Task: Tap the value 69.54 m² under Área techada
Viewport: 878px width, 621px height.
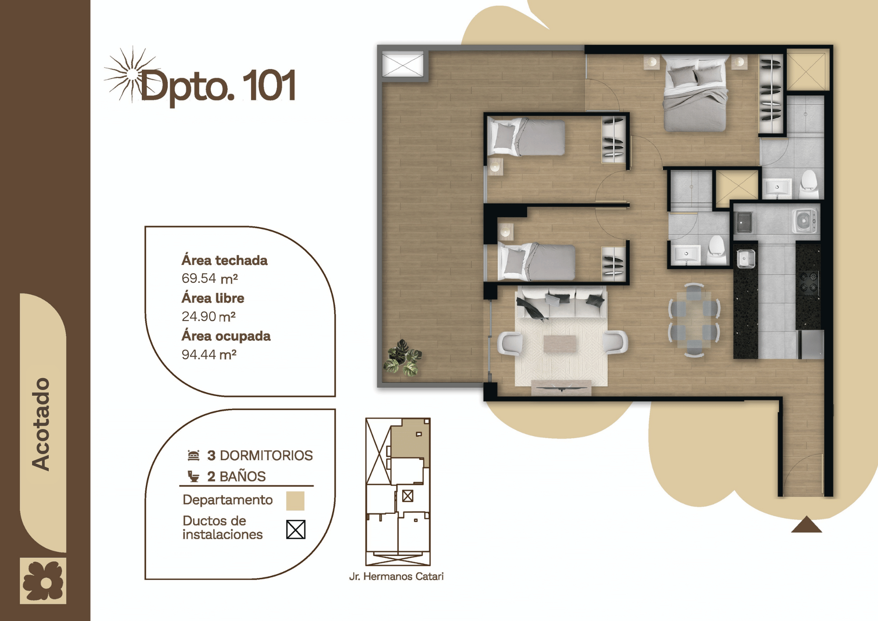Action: click(210, 278)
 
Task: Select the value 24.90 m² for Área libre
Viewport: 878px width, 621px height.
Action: click(209, 316)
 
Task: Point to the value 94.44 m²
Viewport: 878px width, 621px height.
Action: click(209, 354)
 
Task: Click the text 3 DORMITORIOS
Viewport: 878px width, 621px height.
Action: click(260, 455)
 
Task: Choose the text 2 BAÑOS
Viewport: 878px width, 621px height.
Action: click(236, 476)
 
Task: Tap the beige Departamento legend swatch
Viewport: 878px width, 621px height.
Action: click(295, 501)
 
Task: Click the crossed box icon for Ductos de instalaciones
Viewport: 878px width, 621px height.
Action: click(295, 529)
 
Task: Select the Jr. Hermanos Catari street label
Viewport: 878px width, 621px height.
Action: click(396, 576)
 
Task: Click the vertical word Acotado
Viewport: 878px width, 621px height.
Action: click(41, 424)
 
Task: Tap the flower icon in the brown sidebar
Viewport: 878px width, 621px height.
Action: click(43, 581)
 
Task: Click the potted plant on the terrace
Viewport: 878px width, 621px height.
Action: click(403, 358)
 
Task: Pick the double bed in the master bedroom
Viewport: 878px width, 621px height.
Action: click(695, 93)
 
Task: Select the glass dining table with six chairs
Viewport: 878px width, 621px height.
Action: click(694, 320)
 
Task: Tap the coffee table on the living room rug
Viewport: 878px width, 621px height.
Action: click(560, 344)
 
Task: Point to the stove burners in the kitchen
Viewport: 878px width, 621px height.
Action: click(808, 282)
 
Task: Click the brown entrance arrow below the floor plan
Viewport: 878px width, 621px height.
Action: click(806, 524)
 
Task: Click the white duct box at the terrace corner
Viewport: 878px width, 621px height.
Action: click(403, 65)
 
